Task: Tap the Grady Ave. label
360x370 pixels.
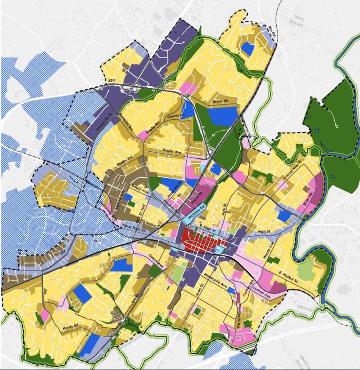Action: click(140, 188)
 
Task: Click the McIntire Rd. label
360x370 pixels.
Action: click(196, 210)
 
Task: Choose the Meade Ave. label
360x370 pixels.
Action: click(272, 250)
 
